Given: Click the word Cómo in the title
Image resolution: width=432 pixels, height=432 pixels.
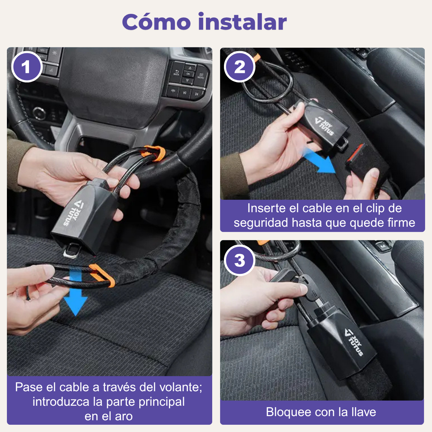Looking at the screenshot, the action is pyautogui.click(x=156, y=22).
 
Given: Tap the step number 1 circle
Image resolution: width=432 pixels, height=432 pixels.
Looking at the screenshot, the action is pyautogui.click(x=27, y=67).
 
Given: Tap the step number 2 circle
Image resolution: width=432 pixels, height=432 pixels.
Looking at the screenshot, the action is pyautogui.click(x=240, y=67).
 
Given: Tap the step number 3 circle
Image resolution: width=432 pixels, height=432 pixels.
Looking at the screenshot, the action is pyautogui.click(x=240, y=260).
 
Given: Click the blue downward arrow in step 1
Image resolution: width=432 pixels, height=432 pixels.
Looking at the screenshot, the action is pyautogui.click(x=75, y=291).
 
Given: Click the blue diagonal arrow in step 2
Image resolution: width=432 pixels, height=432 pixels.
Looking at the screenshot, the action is pyautogui.click(x=318, y=160).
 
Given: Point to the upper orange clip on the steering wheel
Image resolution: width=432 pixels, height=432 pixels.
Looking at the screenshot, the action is pyautogui.click(x=154, y=153).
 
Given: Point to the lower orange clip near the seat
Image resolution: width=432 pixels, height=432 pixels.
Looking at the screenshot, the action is pyautogui.click(x=102, y=275).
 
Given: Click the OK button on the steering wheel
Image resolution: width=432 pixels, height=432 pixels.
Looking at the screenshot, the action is pyautogui.click(x=188, y=74).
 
